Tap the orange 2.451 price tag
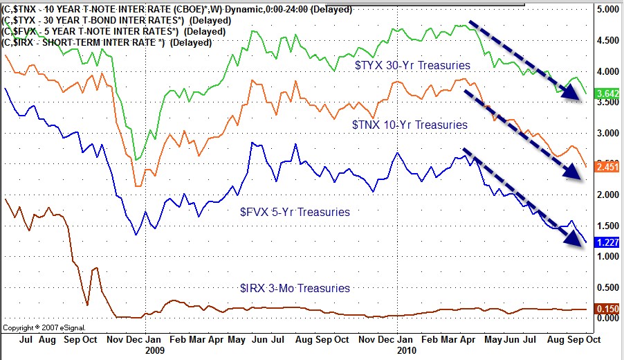pyautogui.click(x=607, y=167)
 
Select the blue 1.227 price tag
pyautogui.click(x=607, y=242)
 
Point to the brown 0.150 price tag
pyautogui.click(x=607, y=309)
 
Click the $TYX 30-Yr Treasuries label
pyautogui.click(x=412, y=65)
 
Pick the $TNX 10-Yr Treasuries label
pyautogui.click(x=410, y=125)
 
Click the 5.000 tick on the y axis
pyautogui.click(x=607, y=10)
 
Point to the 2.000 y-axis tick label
pyautogui.click(x=607, y=195)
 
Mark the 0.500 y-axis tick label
pyautogui.click(x=607, y=287)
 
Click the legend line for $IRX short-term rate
pyautogui.click(x=107, y=42)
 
